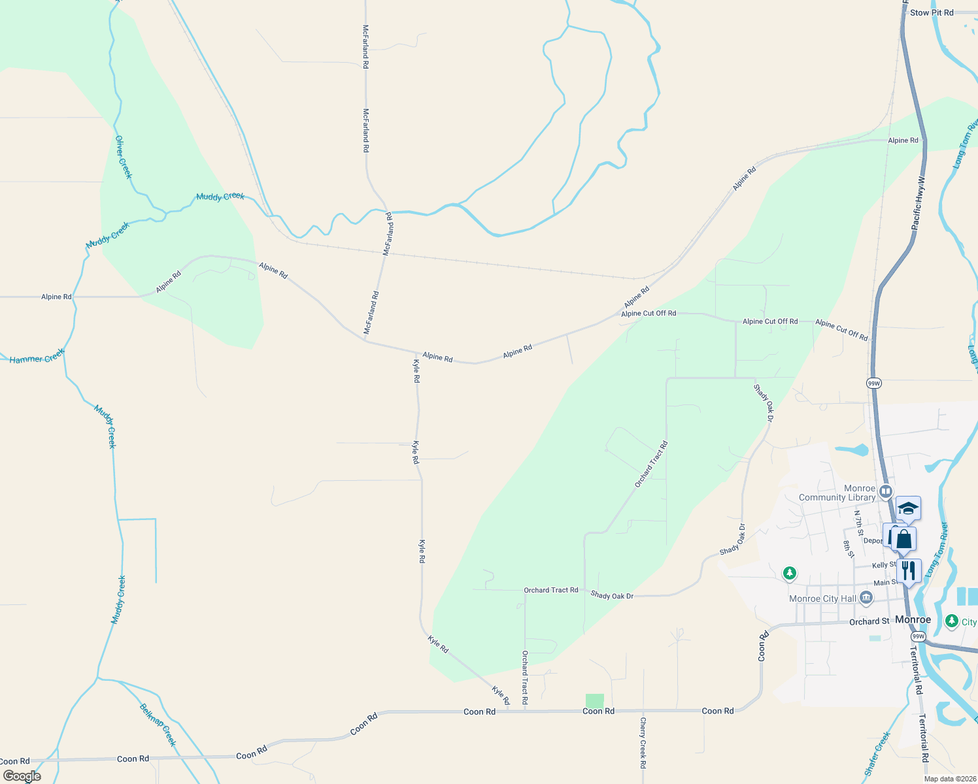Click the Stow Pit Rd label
(932, 12)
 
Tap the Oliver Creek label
(123, 157)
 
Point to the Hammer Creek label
(37, 357)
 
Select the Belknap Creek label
(158, 725)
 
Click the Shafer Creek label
(877, 754)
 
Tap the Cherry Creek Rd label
(643, 742)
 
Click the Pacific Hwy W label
(919, 202)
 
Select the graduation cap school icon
(908, 508)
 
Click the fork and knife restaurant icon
(909, 570)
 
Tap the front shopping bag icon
(904, 539)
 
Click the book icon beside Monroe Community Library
(886, 491)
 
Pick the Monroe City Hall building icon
(866, 597)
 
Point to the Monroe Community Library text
(837, 493)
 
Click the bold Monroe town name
(913, 619)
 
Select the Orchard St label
(869, 621)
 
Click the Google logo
(22, 776)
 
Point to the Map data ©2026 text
(949, 779)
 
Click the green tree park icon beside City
(952, 621)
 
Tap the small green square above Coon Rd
(594, 700)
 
